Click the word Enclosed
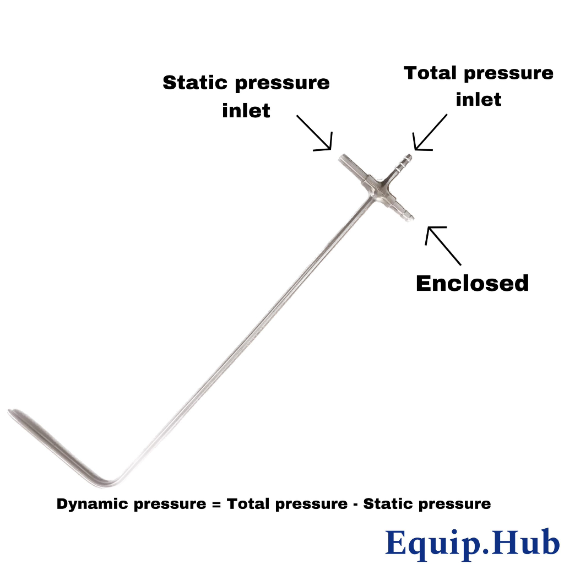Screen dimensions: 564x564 pyautogui.click(x=472, y=283)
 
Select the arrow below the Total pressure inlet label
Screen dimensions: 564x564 pyautogui.click(x=430, y=132)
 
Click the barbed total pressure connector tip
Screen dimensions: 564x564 pyautogui.click(x=408, y=158)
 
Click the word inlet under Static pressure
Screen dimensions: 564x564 pyautogui.click(x=246, y=110)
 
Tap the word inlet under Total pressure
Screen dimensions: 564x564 pyautogui.click(x=479, y=100)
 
